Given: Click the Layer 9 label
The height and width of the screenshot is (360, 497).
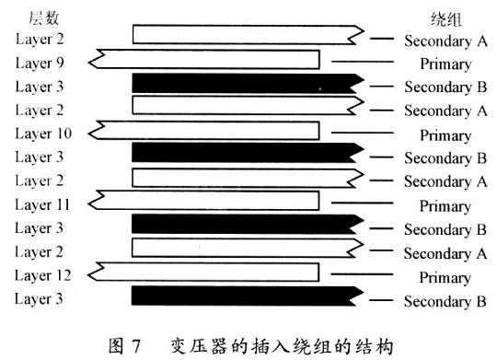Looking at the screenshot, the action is click(x=40, y=63).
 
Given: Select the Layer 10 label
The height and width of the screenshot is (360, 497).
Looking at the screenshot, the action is click(x=43, y=134).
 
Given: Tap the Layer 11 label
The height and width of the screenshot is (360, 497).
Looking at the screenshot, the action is click(x=42, y=204).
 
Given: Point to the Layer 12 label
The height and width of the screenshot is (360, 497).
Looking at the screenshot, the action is click(x=43, y=275).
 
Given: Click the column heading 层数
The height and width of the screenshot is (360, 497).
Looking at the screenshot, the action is click(x=44, y=17).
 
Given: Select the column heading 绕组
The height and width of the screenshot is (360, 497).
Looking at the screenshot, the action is click(x=445, y=19).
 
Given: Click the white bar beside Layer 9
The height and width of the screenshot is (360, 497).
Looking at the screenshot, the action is click(x=203, y=59).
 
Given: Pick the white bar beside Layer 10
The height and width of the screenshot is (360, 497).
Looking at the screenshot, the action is click(x=203, y=130).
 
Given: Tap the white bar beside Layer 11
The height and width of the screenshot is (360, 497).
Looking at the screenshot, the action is click(x=203, y=201).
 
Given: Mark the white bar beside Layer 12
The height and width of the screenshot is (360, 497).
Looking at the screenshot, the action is click(x=203, y=272).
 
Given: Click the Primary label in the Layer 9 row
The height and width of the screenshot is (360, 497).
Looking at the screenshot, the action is click(x=445, y=64).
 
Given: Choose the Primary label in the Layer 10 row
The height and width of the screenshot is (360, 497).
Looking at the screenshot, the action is click(x=445, y=135).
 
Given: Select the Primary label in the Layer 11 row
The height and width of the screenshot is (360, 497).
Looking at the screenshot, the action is click(x=445, y=206).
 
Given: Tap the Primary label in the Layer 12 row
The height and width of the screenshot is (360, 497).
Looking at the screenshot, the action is click(x=445, y=278).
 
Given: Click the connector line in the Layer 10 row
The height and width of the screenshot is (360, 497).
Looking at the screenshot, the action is click(x=363, y=133).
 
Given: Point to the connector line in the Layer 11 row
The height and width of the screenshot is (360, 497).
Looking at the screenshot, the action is click(x=363, y=203).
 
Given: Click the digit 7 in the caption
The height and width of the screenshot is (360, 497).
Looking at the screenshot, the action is click(x=136, y=345).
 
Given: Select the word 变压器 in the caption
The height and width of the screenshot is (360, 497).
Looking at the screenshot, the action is click(x=199, y=346).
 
